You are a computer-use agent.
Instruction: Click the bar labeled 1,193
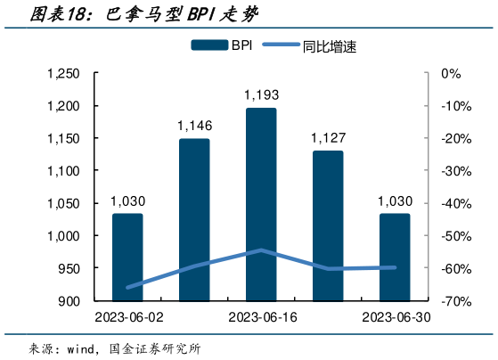[261, 204]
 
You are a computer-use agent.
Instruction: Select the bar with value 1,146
[194, 219]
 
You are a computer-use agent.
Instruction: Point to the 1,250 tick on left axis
[62, 74]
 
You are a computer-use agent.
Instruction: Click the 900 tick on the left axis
[69, 301]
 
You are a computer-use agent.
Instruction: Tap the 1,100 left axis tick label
[62, 171]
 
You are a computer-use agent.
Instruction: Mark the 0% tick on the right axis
[451, 74]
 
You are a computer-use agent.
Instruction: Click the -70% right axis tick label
[457, 301]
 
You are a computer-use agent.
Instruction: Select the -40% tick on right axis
[457, 203]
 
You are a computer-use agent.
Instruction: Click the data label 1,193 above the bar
[261, 95]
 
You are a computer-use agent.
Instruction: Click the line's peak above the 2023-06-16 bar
[261, 250]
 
